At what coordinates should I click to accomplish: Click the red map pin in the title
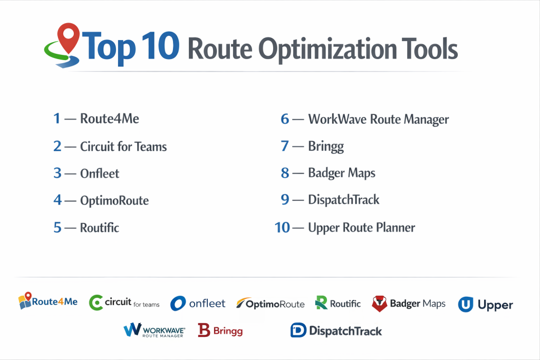(x=69, y=37)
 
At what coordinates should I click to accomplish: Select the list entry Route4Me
(x=110, y=119)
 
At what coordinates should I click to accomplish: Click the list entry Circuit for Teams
(x=123, y=147)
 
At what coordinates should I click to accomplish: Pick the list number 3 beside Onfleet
(x=57, y=173)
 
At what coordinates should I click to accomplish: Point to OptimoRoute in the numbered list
(x=114, y=201)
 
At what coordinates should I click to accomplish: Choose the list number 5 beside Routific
(x=57, y=228)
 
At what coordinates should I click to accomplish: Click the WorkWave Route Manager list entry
(x=379, y=119)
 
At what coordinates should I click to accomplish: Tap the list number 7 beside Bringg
(x=285, y=146)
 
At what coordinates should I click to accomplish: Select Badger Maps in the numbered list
(x=342, y=173)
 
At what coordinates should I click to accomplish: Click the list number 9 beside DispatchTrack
(x=285, y=200)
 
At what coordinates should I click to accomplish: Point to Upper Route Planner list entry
(x=362, y=228)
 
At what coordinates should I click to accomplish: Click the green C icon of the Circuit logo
(x=96, y=303)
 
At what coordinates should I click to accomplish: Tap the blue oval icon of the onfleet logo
(x=178, y=304)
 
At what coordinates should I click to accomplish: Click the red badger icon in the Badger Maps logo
(x=380, y=304)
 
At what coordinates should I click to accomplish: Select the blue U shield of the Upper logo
(x=466, y=305)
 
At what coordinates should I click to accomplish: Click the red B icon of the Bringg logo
(x=204, y=330)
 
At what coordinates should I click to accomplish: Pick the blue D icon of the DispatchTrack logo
(x=298, y=330)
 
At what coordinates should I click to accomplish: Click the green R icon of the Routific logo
(x=321, y=303)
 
